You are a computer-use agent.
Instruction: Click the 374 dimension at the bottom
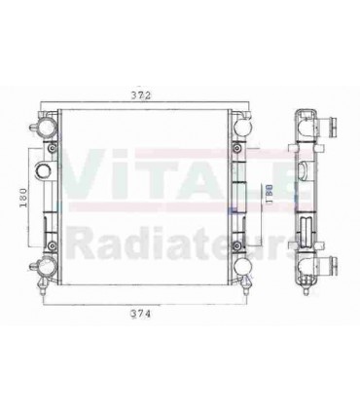(145, 315)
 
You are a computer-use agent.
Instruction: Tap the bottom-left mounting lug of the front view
(46, 269)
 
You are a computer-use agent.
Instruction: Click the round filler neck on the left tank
(43, 173)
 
